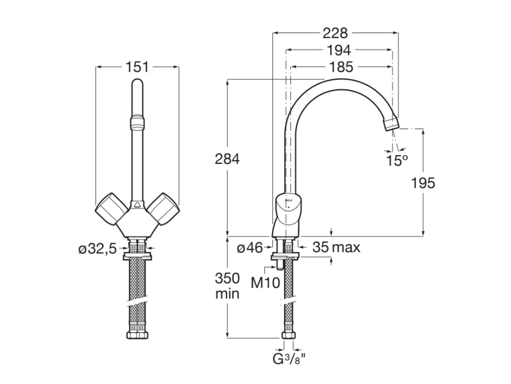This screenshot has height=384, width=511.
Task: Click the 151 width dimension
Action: pos(137,67)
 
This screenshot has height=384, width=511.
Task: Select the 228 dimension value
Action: pos(335,33)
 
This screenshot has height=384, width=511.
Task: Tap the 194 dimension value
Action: pos(338,50)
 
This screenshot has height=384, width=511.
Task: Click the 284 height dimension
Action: pos(227,159)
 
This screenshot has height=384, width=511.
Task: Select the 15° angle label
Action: pos(397,160)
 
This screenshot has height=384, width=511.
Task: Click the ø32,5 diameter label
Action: pos(97,249)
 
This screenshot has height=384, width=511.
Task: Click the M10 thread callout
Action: pos(265,283)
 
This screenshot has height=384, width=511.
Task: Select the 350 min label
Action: pos(227,285)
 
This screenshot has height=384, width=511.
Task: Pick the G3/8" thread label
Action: pos(289,360)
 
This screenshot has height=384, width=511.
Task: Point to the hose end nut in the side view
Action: pos(288,335)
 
